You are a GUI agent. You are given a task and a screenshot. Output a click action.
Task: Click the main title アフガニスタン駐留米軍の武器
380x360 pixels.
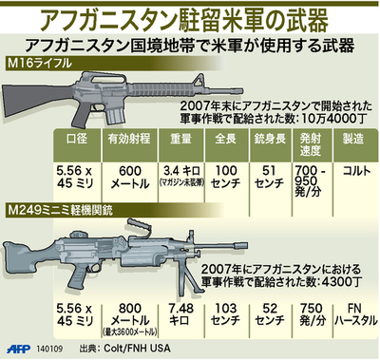pos(190,17)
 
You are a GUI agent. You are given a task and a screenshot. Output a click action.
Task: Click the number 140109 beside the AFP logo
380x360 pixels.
pos(53,349)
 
